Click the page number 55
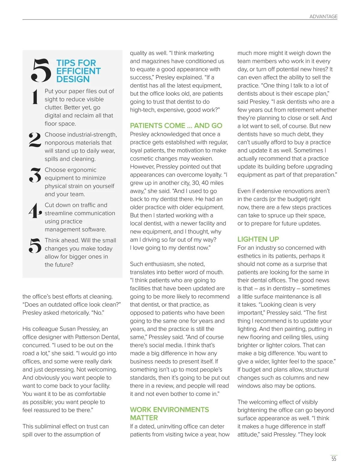[x=334, y=459]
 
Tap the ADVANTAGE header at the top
[x=323, y=17]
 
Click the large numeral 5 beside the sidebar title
[x=41, y=70]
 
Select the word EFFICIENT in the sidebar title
[x=78, y=71]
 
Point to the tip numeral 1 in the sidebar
[x=35, y=97]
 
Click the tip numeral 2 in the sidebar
[x=35, y=140]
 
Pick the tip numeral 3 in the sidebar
[x=35, y=175]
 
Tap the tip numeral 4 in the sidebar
[x=35, y=210]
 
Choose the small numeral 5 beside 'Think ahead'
[x=35, y=245]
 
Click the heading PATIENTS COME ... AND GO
[x=176, y=125]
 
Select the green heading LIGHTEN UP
[x=258, y=239]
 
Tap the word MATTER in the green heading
[x=144, y=418]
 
